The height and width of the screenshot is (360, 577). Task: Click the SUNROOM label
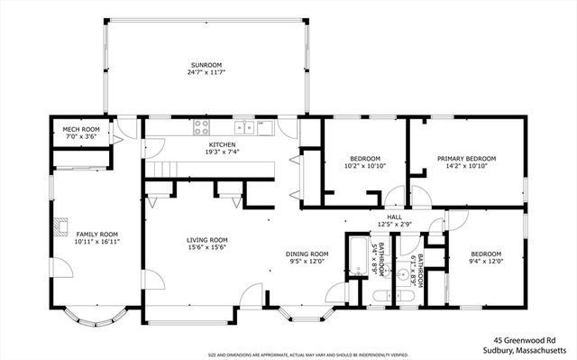click(206, 65)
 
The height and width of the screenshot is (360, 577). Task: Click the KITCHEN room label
click(222, 144)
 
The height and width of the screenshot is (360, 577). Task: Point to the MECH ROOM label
click(80, 129)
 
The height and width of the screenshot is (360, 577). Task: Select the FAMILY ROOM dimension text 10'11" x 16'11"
click(97, 242)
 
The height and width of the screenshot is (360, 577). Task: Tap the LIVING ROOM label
click(207, 239)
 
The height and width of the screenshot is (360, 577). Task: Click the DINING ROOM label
click(307, 254)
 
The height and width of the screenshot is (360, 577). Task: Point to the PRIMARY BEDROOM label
click(466, 158)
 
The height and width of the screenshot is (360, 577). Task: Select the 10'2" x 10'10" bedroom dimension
click(365, 166)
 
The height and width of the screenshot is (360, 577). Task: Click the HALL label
click(395, 217)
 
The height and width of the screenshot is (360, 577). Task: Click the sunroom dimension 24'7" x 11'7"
click(206, 73)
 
